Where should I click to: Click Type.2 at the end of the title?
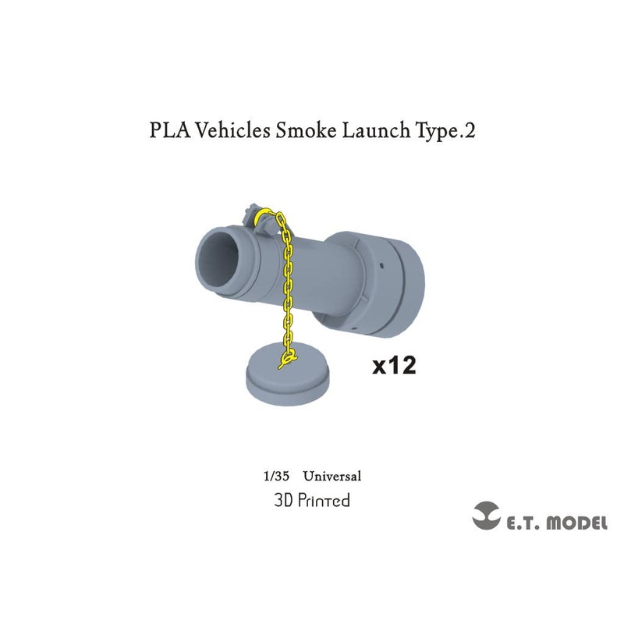pos(440,131)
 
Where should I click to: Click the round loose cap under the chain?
pos(287,376)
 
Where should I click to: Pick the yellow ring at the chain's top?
pos(268,212)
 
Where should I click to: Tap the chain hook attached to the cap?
pos(289,357)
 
